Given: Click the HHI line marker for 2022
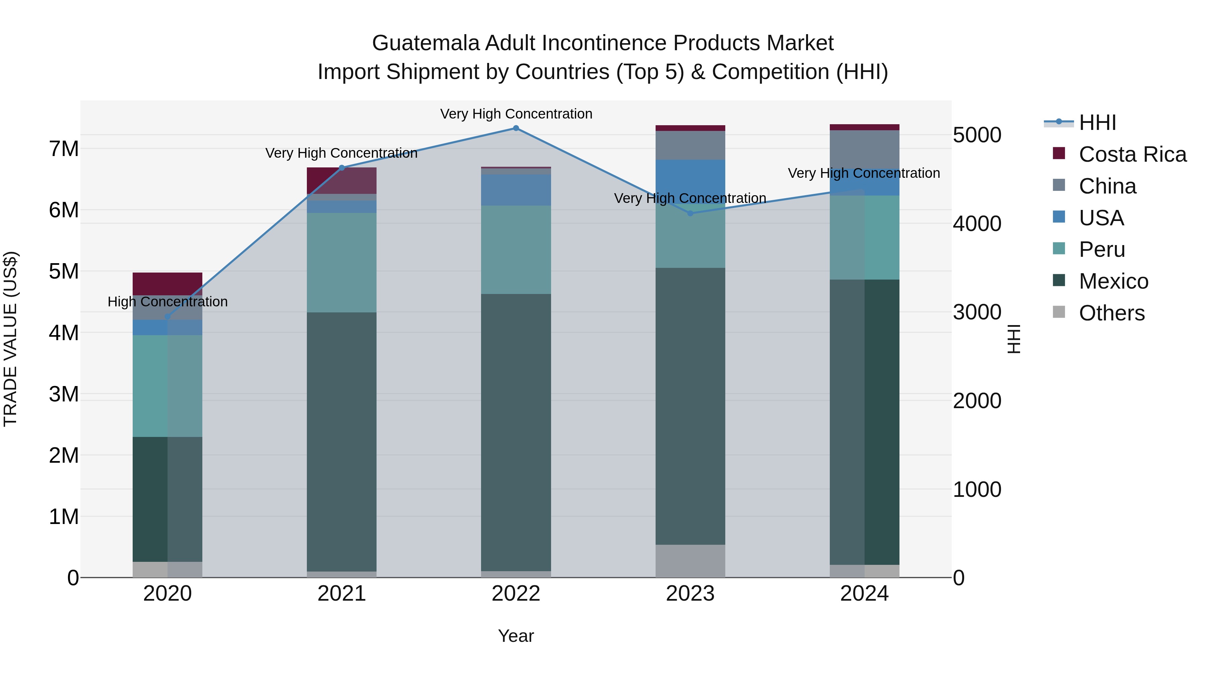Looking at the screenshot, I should coord(516,128).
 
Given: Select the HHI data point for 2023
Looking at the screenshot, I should coord(690,213).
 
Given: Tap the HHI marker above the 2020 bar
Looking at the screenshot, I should coord(167,317).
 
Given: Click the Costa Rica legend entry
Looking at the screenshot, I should coord(1132,154).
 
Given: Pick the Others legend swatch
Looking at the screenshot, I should coord(1059,312).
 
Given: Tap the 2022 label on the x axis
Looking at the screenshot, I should coord(516,594).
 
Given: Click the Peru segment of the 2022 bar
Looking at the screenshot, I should coord(516,249).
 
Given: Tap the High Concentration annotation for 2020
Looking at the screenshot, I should coord(167,302).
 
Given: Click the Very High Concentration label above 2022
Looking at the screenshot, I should coord(516,114).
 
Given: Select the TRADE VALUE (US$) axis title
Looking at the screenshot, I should coord(10,339).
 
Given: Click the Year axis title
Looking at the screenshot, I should coord(516,636).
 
